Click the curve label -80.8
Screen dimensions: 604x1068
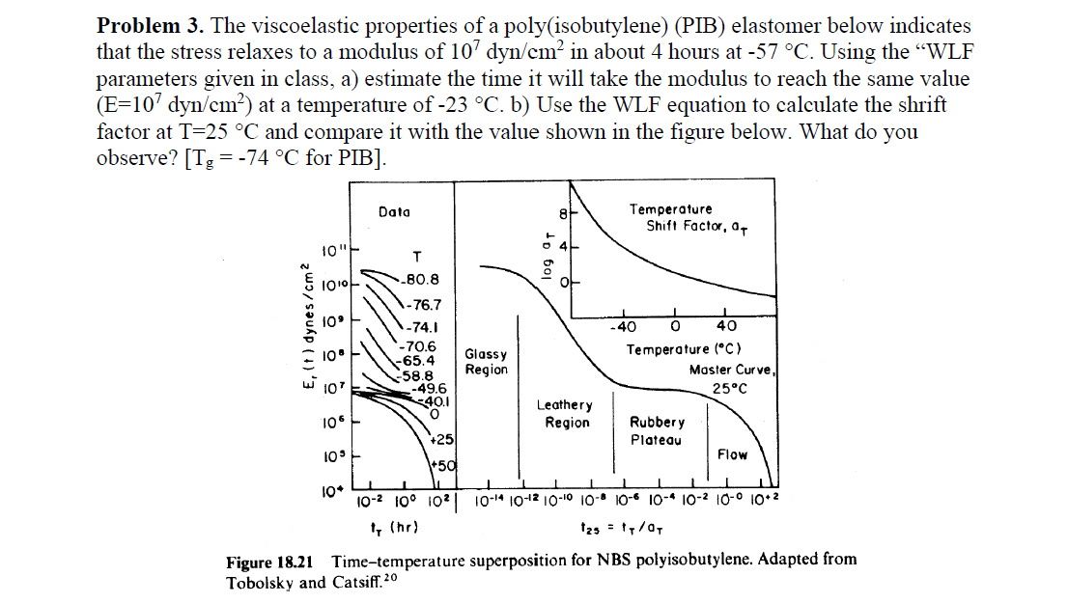tap(421, 279)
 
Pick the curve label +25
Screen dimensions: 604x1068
tap(441, 439)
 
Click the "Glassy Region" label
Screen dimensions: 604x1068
tap(486, 362)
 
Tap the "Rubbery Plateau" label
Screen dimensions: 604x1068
tap(657, 431)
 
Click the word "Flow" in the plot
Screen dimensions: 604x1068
tap(732, 454)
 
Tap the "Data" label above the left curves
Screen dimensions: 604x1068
tap(394, 211)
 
